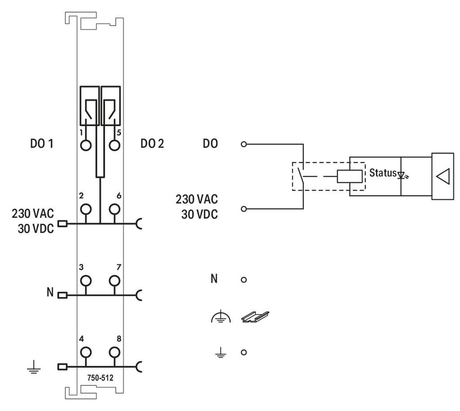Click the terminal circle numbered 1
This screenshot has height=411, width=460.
[86, 145]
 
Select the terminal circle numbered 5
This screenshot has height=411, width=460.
[115, 145]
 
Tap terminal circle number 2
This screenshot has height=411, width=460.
[86, 209]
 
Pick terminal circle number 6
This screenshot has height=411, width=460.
[115, 209]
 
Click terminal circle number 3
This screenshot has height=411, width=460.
[86, 280]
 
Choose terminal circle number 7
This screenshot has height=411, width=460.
[115, 280]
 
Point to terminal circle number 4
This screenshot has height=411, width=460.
[86, 352]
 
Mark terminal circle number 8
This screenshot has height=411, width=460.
[115, 352]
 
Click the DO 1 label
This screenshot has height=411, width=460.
[42, 144]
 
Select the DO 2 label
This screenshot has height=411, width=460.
[152, 144]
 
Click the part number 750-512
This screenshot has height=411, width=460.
[100, 378]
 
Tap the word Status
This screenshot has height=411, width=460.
[383, 173]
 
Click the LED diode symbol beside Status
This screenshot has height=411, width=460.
[402, 175]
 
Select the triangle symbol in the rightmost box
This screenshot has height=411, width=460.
[443, 177]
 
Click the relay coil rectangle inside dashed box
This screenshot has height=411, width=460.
[349, 176]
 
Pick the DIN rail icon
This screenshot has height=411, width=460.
[255, 317]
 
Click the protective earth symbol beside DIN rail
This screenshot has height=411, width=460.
[221, 317]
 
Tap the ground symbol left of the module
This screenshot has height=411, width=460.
[34, 367]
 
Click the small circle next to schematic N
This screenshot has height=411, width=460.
[243, 280]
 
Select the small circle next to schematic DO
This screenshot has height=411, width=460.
[243, 144]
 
